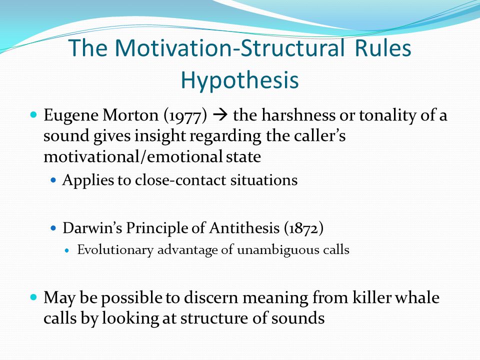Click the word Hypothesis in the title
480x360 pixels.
(239, 80)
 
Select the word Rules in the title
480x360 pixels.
(383, 48)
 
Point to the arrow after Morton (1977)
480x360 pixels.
(220, 115)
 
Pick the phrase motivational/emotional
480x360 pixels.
(133, 156)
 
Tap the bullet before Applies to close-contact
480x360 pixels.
(53, 180)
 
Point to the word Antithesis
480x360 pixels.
(244, 228)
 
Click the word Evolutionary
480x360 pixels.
(115, 250)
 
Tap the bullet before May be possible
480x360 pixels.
(33, 297)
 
